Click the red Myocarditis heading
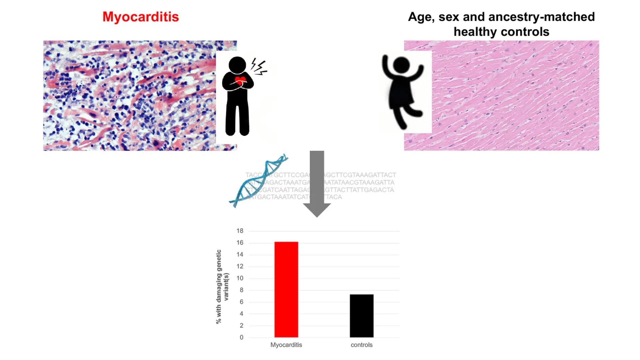(x=141, y=17)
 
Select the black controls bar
(x=361, y=316)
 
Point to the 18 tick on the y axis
(x=240, y=231)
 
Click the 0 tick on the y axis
(x=241, y=337)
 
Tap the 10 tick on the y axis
(x=240, y=278)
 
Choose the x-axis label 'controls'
(x=361, y=345)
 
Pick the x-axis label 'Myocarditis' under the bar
(x=286, y=345)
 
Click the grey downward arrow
(x=317, y=183)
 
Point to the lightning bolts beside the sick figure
(x=259, y=67)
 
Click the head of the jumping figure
(x=401, y=65)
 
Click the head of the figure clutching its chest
(x=237, y=65)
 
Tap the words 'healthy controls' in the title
(x=501, y=32)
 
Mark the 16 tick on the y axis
(x=240, y=243)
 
